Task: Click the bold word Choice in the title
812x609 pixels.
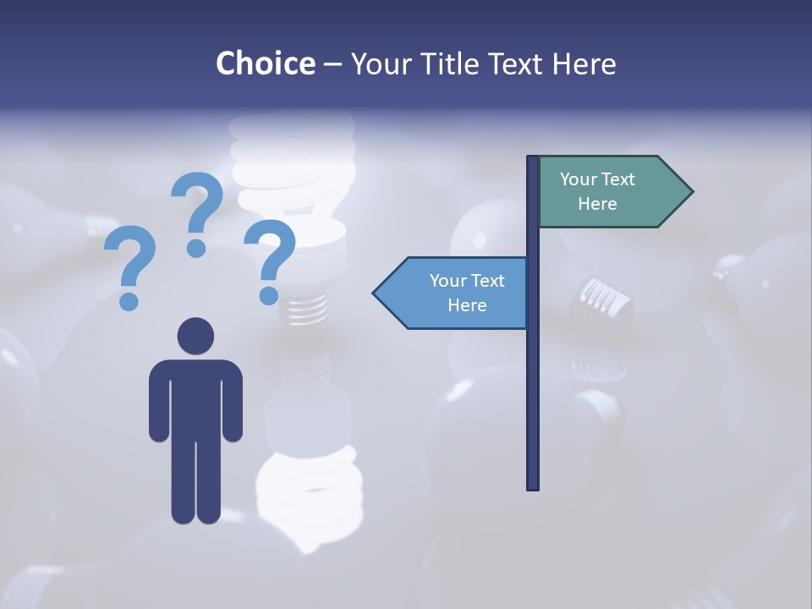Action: pyautogui.click(x=265, y=63)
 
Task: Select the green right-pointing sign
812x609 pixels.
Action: pyautogui.click(x=609, y=191)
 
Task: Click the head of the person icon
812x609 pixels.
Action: pyautogui.click(x=195, y=336)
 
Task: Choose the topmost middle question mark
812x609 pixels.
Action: pyautogui.click(x=197, y=211)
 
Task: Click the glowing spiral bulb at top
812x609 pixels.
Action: pyautogui.click(x=292, y=169)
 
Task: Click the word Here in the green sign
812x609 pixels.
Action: pyautogui.click(x=597, y=204)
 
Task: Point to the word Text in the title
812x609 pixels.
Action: pyautogui.click(x=513, y=63)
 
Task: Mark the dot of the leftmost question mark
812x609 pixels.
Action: pyautogui.click(x=129, y=300)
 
